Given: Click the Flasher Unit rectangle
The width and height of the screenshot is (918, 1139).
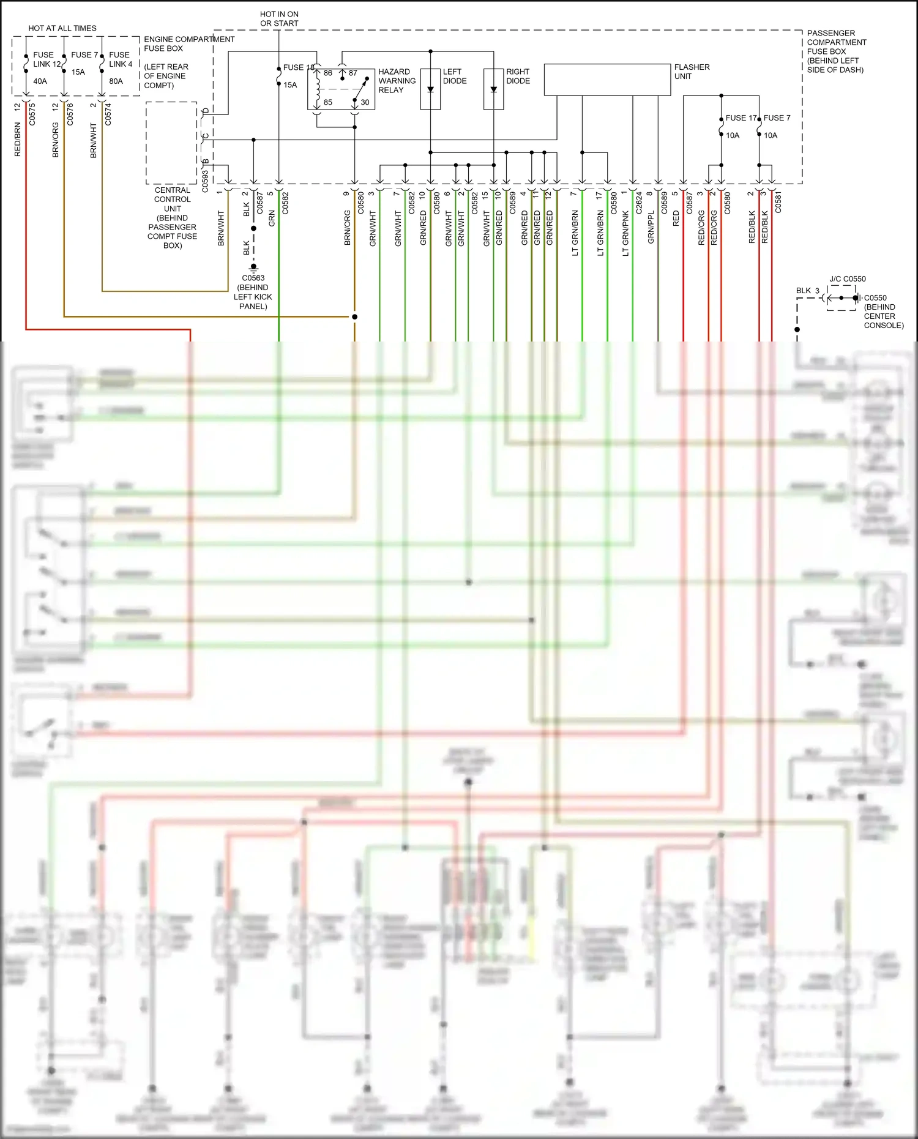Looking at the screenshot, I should coord(607,80).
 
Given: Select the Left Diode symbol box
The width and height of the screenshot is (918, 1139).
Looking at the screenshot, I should coord(430,89).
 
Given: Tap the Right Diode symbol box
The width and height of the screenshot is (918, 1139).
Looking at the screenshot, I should coord(493,89).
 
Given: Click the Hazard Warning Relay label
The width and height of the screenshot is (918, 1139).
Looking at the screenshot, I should coord(397,81).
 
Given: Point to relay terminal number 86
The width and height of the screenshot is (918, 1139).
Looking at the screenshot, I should coord(328,73).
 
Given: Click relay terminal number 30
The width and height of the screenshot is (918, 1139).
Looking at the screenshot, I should coord(365,102).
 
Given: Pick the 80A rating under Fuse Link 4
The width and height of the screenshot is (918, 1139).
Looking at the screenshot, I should coord(116,81).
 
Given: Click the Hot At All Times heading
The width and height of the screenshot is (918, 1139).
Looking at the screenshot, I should coord(62,28).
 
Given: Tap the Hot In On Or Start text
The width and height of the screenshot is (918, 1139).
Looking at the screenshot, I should coord(279,18).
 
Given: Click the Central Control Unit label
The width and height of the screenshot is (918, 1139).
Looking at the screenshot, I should coord(173,217).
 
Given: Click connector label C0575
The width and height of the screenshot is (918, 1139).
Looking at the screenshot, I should coord(32,114).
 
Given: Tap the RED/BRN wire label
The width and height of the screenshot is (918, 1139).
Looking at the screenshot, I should coord(18,140).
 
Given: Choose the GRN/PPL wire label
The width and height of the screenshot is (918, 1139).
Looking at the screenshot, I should coord(651,227).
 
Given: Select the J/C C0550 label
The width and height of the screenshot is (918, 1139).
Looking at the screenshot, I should coord(848,278).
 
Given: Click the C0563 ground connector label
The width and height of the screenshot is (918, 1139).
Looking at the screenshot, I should coord(253,278).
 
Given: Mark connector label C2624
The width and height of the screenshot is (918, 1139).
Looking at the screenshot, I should coord(639,203).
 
